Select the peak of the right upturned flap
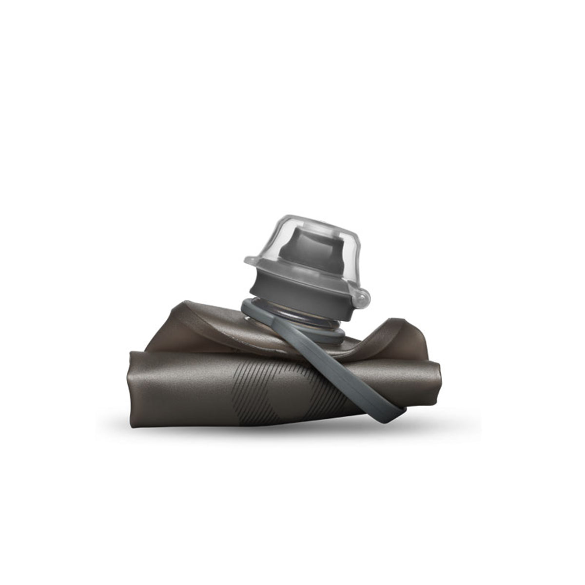pos(400,321)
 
